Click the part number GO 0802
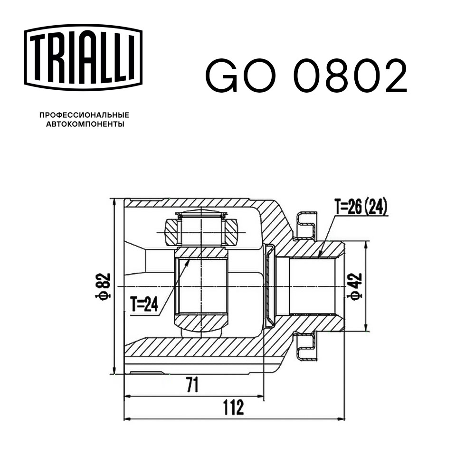pos(306,76)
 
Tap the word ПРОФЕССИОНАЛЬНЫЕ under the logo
pos(84,115)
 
